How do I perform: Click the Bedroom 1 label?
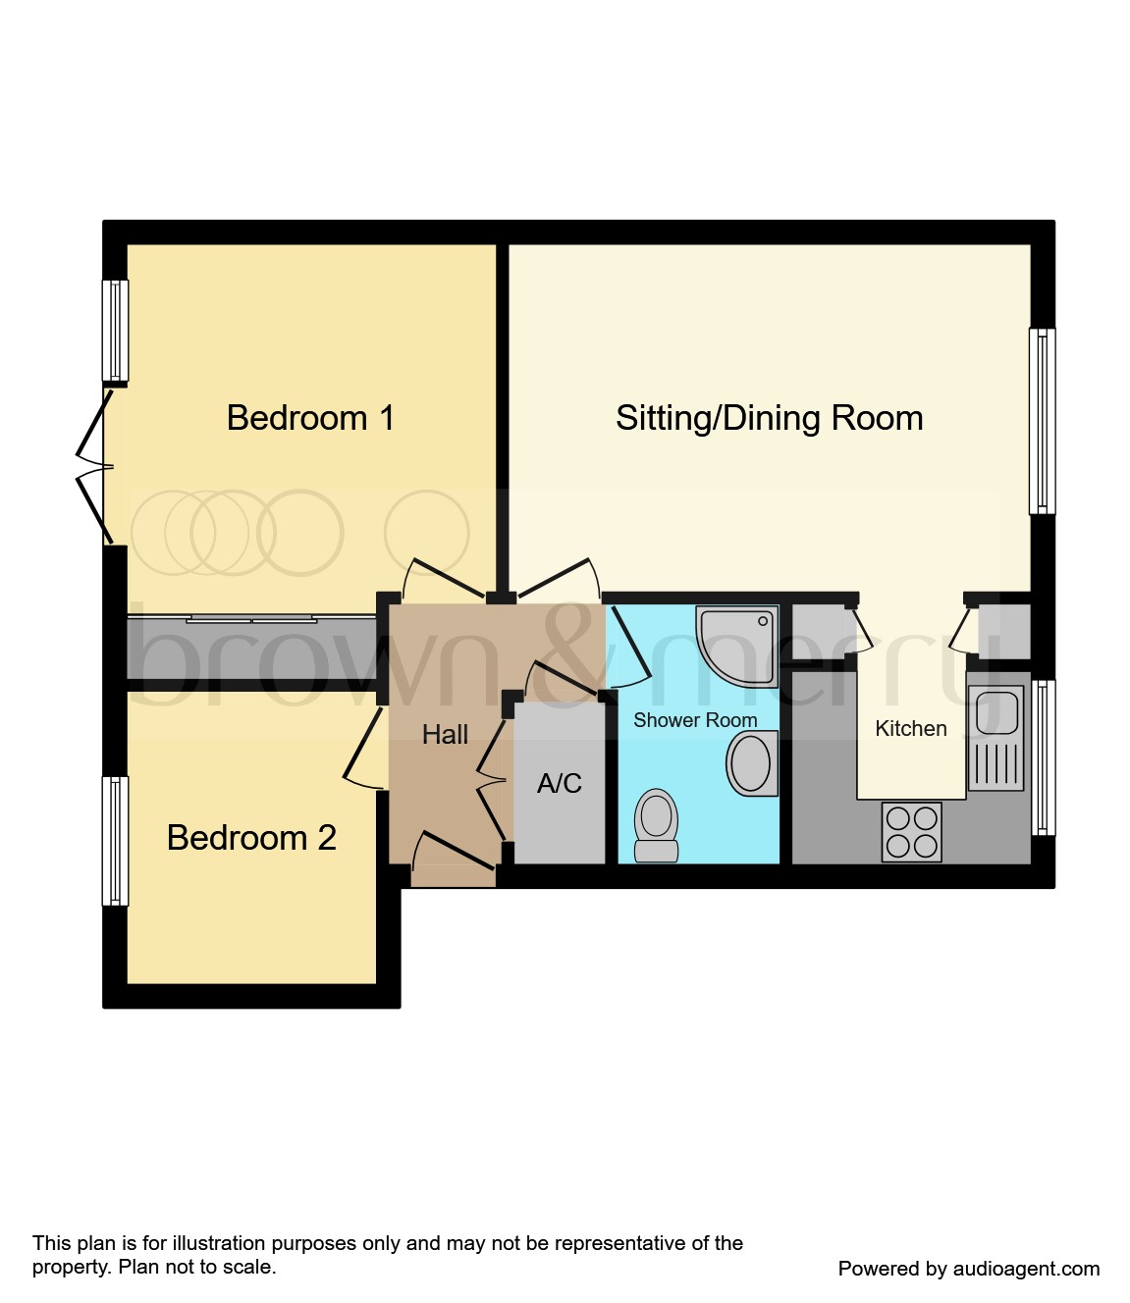(x=310, y=418)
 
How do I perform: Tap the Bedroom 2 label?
(x=251, y=838)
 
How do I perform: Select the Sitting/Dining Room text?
(x=769, y=418)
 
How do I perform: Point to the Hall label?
(x=445, y=734)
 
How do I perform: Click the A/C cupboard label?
(x=559, y=783)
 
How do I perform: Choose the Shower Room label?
(x=695, y=720)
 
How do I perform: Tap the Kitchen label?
(x=910, y=728)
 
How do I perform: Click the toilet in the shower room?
(x=657, y=825)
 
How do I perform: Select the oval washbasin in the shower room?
(x=752, y=762)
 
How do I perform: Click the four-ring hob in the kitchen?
(x=911, y=832)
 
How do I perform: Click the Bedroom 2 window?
(x=116, y=841)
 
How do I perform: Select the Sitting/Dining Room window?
(x=1042, y=421)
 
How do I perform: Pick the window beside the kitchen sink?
(x=1043, y=757)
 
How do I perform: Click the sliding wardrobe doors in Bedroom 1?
(x=252, y=619)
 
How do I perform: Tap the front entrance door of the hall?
(x=453, y=855)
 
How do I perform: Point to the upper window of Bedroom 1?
(x=116, y=331)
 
